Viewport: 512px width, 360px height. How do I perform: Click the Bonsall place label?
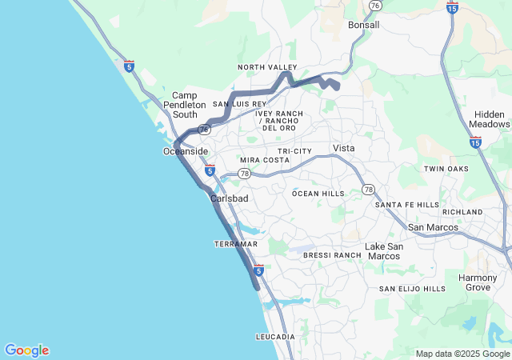[364, 25]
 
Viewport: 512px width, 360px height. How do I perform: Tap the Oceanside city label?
[186, 151]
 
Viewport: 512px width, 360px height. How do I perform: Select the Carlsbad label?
[230, 198]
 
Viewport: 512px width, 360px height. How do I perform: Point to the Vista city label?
[344, 148]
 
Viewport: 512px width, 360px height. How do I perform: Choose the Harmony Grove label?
[478, 282]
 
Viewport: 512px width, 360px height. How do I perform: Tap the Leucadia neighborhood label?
[275, 337]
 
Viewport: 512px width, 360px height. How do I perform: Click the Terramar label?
[236, 243]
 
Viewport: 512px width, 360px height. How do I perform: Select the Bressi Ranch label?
[333, 254]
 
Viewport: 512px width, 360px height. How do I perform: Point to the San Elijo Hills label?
[412, 288]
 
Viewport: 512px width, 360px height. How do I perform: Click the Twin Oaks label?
[446, 169]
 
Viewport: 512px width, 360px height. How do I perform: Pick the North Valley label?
[267, 67]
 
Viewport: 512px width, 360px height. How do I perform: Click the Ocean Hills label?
[318, 193]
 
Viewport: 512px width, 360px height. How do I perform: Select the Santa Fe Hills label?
[407, 204]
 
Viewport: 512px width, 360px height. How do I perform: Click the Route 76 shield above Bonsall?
[375, 6]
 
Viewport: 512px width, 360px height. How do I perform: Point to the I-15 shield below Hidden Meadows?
[475, 142]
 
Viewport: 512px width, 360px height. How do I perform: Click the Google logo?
[26, 350]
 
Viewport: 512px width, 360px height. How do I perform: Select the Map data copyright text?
[462, 354]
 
